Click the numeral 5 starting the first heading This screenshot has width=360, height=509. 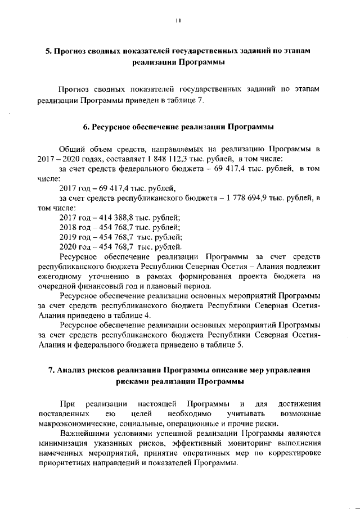click(x=48, y=51)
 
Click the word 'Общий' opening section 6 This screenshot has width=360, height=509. click(x=71, y=149)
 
